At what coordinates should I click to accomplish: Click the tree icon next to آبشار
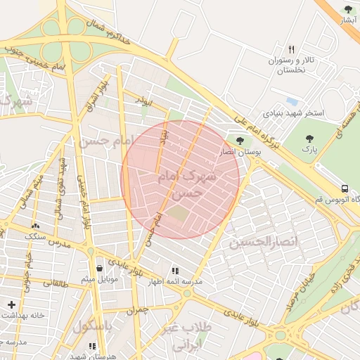click(348, 9)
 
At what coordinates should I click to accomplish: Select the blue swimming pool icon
click(291, 101)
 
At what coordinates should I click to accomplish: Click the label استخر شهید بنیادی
click(294, 112)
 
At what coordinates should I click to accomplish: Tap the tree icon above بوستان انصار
click(240, 141)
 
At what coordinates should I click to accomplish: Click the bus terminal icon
click(345, 188)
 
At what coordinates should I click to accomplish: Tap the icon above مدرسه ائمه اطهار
click(174, 270)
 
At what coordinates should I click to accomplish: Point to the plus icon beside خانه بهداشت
click(11, 304)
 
